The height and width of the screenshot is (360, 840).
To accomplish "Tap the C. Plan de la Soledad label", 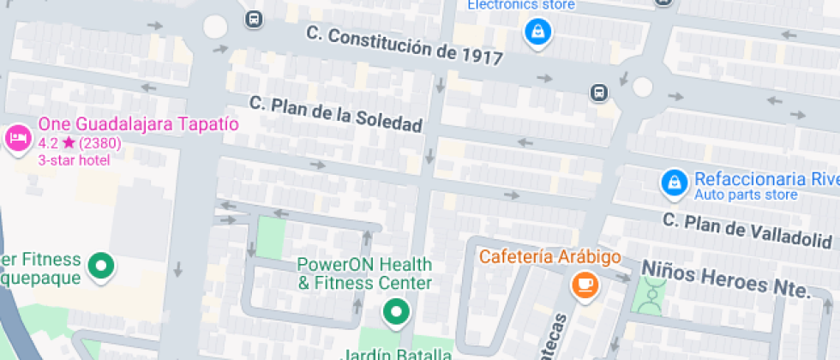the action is tap(336, 114).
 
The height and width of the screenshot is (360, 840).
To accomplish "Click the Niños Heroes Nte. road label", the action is tap(725, 279).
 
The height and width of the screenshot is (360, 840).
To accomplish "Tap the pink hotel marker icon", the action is tap(18, 138).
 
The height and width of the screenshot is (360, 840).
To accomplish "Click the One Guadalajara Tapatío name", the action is tap(138, 124).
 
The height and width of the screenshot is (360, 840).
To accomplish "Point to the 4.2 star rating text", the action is tap(80, 143).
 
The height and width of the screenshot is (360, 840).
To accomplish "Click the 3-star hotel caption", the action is tap(74, 159).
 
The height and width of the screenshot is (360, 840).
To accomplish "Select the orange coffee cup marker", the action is tap(585, 285).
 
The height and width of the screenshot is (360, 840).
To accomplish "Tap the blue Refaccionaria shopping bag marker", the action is tap(675, 182).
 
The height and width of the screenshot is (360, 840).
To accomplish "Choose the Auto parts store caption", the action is tap(746, 195).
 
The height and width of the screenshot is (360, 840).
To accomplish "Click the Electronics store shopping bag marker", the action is tap(537, 33).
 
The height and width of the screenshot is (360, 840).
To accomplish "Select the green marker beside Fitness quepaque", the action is tap(102, 267).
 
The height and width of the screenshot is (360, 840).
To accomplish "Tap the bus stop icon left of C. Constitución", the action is tap(254, 18).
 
